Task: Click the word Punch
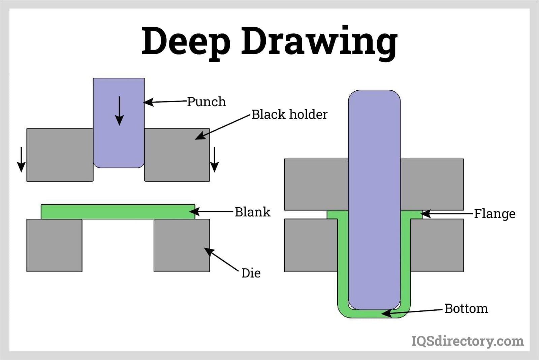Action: (206, 101)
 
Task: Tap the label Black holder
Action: (289, 115)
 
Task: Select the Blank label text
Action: (252, 212)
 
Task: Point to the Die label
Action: (251, 273)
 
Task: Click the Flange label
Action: (495, 214)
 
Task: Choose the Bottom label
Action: (466, 308)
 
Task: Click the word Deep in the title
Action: (186, 41)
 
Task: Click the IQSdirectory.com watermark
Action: (468, 341)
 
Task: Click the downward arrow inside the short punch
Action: (119, 111)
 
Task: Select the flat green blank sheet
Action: (118, 212)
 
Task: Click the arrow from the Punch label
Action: (165, 101)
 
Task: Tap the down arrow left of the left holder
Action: (21, 159)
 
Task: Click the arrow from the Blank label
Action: (212, 212)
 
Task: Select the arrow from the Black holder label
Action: (222, 126)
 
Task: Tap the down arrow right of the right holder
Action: (215, 159)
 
